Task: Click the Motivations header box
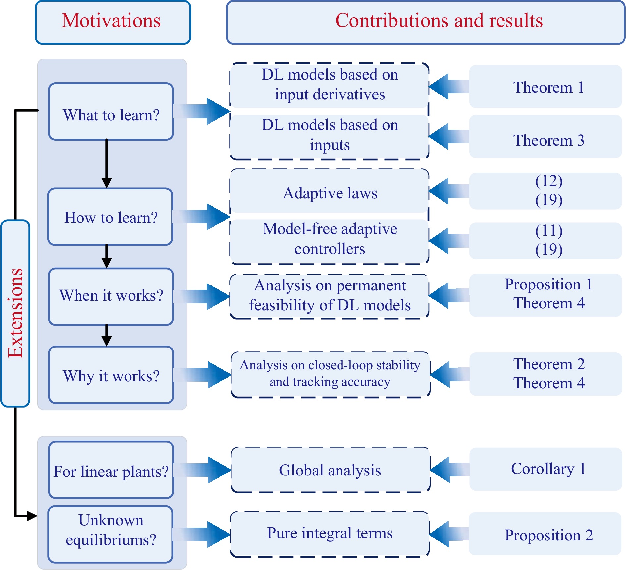click(x=113, y=22)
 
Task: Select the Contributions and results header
click(x=426, y=22)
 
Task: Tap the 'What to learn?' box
click(x=111, y=111)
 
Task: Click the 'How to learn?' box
click(x=110, y=217)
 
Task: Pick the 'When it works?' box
click(x=111, y=296)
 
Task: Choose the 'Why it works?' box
click(x=111, y=375)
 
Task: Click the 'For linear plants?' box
click(x=111, y=470)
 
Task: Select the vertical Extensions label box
click(x=15, y=313)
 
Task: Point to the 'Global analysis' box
click(x=330, y=470)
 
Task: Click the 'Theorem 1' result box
click(x=546, y=87)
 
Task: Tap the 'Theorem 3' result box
click(x=546, y=136)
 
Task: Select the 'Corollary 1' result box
click(x=546, y=469)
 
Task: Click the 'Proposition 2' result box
click(x=545, y=534)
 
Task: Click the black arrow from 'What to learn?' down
click(x=107, y=164)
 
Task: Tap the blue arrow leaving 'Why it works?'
click(x=202, y=375)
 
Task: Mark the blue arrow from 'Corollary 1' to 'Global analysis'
click(x=449, y=470)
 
